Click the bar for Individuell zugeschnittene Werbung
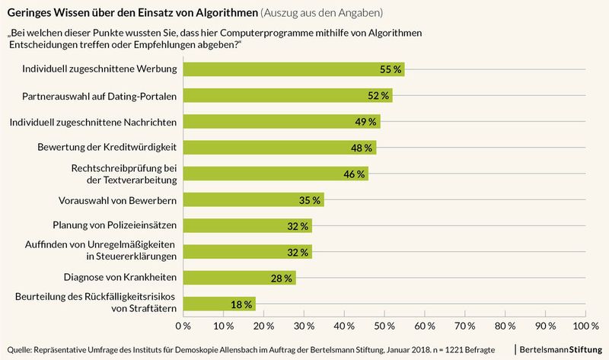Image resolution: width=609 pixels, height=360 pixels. (x=293, y=69)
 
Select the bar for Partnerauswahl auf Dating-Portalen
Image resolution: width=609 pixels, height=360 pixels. (x=287, y=95)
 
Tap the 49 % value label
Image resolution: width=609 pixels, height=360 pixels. (x=365, y=122)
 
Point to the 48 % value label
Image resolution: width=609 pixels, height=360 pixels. (x=362, y=148)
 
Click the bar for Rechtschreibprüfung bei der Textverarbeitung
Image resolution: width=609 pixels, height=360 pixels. (x=276, y=174)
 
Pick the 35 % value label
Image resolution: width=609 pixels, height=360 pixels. (x=309, y=200)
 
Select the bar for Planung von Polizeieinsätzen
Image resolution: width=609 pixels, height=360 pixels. (x=247, y=226)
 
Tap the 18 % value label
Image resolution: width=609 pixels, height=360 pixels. (x=241, y=304)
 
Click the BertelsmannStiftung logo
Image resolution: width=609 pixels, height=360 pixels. (x=560, y=348)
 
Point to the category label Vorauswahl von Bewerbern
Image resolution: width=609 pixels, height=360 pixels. (x=118, y=200)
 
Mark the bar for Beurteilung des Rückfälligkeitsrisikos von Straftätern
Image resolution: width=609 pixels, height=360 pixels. (x=219, y=304)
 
